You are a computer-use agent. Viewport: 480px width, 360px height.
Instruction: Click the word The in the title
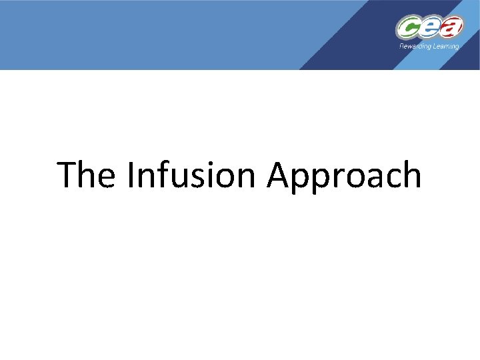[87, 175]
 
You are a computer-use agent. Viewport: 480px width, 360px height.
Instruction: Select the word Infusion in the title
[193, 175]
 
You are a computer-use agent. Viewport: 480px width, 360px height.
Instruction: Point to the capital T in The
[69, 175]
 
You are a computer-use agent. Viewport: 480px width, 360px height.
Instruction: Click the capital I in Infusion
[131, 175]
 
